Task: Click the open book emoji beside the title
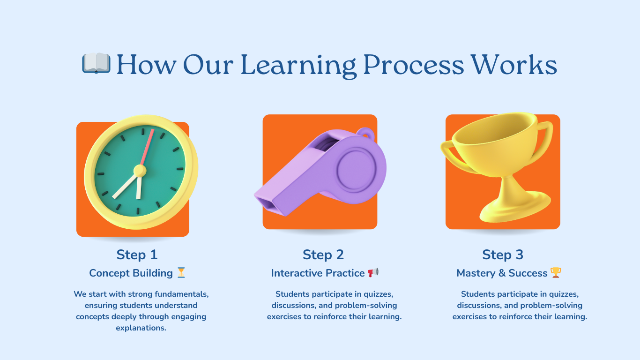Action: [x=96, y=63]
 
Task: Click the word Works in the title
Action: [x=514, y=65]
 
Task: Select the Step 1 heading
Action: [x=137, y=255]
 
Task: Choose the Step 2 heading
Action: [x=323, y=255]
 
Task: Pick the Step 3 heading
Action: [x=503, y=255]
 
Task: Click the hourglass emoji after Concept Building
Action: [x=181, y=272]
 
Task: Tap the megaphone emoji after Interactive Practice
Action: [x=373, y=272]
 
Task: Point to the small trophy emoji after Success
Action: [x=556, y=272]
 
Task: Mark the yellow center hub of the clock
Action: [x=140, y=171]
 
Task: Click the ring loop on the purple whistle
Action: [x=365, y=134]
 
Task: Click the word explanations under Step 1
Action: [x=141, y=328]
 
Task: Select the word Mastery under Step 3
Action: [x=476, y=273]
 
